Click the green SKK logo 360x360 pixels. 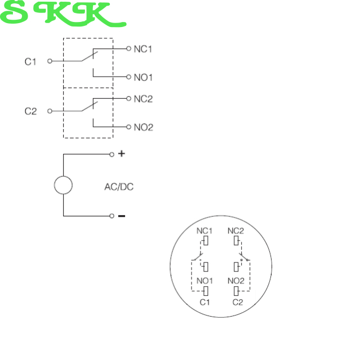pyautogui.click(x=63, y=14)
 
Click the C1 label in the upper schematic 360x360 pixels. pyautogui.click(x=30, y=62)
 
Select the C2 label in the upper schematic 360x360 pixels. pyautogui.click(x=30, y=112)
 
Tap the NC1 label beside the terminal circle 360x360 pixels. pyautogui.click(x=143, y=49)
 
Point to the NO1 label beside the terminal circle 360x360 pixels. pyautogui.click(x=143, y=77)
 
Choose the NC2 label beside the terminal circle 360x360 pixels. pyautogui.click(x=143, y=99)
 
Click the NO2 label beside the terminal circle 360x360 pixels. pyautogui.click(x=144, y=127)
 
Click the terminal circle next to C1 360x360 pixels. pyautogui.click(x=50, y=61)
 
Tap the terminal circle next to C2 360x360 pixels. pyautogui.click(x=50, y=111)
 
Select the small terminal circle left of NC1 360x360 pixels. pyautogui.click(x=128, y=48)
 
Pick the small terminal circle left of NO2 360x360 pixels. pyautogui.click(x=128, y=127)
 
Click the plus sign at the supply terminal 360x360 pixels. pyautogui.click(x=122, y=154)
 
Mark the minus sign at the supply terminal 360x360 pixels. pyautogui.click(x=122, y=216)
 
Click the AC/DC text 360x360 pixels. pyautogui.click(x=119, y=187)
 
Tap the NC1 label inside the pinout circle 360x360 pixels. pyautogui.click(x=205, y=231)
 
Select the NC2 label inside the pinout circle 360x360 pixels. pyautogui.click(x=235, y=231)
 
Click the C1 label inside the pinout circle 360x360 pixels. pyautogui.click(x=205, y=302)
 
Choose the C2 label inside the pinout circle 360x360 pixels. pyautogui.click(x=238, y=302)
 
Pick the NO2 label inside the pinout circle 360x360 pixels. pyautogui.click(x=236, y=281)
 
